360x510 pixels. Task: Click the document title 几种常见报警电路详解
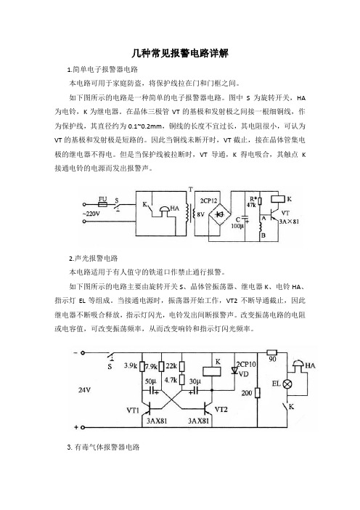pyautogui.click(x=180, y=53)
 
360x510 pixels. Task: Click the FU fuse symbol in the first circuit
pyautogui.click(x=102, y=205)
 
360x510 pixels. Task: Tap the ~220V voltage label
pyautogui.click(x=91, y=214)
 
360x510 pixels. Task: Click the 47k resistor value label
pyautogui.click(x=251, y=206)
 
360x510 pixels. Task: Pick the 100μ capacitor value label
pyautogui.click(x=237, y=226)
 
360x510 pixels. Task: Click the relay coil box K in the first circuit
pyautogui.click(x=278, y=198)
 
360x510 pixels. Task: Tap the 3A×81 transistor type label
pyautogui.click(x=289, y=222)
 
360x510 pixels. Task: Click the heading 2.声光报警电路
pyautogui.click(x=93, y=259)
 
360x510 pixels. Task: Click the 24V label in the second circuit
pyautogui.click(x=84, y=389)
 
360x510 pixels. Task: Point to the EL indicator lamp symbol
pyautogui.click(x=287, y=384)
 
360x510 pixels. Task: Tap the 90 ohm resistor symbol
pyautogui.click(x=272, y=352)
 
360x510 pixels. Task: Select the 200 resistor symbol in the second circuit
pyautogui.click(x=258, y=393)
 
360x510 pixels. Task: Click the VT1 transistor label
pyautogui.click(x=133, y=410)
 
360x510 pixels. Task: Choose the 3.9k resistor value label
pyautogui.click(x=130, y=365)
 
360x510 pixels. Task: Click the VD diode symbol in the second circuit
pyautogui.click(x=234, y=371)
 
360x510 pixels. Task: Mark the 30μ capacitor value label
pyautogui.click(x=195, y=381)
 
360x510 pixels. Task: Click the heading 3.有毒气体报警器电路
pyautogui.click(x=103, y=448)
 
